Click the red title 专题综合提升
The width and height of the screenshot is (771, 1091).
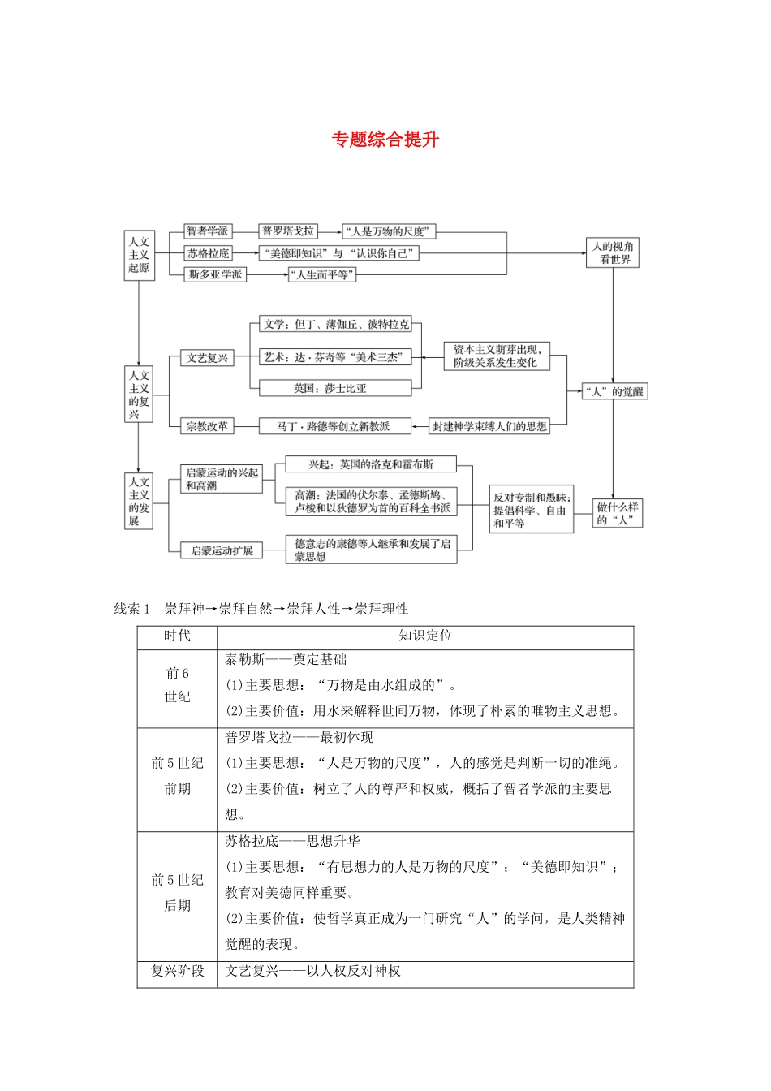pos(385,140)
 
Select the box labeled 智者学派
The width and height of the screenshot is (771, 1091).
pos(208,231)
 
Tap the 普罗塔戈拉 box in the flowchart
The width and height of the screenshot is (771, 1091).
pos(287,231)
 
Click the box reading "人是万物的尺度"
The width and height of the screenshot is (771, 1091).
pos(389,231)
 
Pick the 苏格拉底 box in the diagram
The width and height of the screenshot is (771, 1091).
pos(209,253)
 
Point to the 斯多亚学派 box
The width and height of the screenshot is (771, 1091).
pos(215,274)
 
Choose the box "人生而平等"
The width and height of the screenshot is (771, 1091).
pos(322,275)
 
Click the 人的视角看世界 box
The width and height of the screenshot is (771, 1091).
pos(613,252)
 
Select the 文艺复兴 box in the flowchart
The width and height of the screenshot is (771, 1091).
pos(207,358)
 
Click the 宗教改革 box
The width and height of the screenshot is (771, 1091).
pos(207,426)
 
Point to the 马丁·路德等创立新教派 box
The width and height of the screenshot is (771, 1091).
pos(333,426)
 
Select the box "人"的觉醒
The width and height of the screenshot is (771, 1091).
pos(614,391)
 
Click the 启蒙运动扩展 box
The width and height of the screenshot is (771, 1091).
pos(222,550)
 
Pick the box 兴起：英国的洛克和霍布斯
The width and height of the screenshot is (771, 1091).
pos(370,464)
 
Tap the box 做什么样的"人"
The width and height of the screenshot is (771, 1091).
pos(617,513)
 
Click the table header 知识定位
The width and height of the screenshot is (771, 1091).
pos(425,636)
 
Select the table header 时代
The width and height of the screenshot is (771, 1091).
pos(177,636)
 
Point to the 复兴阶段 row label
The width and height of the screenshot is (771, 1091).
pos(177,971)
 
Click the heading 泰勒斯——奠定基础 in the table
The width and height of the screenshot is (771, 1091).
pos(286,660)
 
